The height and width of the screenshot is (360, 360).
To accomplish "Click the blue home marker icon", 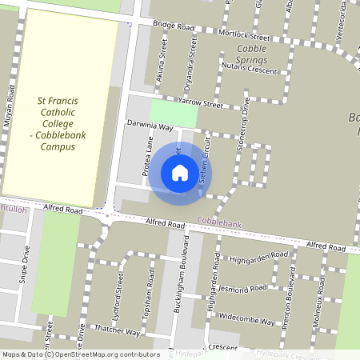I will pos(180,172).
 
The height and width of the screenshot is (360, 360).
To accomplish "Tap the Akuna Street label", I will pos(163,59).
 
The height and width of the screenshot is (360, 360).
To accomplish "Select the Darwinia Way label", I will pos(150,126).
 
